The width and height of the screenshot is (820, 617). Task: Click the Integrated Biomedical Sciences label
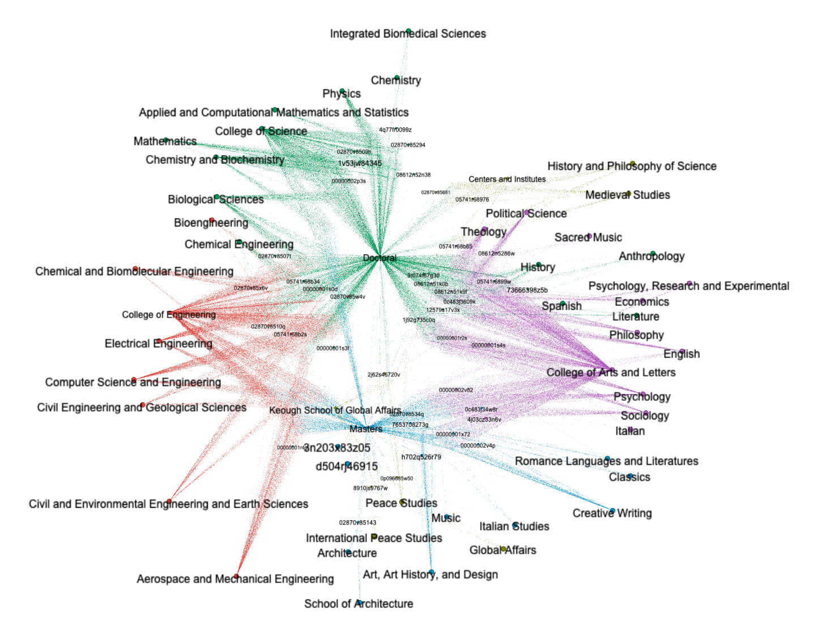click(408, 34)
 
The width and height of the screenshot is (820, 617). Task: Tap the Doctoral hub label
click(379, 258)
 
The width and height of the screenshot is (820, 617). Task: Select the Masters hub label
click(366, 429)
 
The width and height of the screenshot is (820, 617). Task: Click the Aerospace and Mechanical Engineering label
click(235, 579)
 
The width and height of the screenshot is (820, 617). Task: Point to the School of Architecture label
click(358, 603)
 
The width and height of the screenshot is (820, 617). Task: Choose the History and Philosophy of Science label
click(631, 166)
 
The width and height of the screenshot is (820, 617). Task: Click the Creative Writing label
click(612, 513)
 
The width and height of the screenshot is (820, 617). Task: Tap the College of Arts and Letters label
click(610, 372)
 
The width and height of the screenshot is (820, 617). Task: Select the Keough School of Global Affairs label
click(335, 410)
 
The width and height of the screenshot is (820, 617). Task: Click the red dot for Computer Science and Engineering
click(134, 380)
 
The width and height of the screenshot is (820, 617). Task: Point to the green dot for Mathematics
click(166, 140)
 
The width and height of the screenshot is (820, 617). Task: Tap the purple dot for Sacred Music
click(590, 236)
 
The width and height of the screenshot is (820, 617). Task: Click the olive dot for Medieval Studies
click(628, 194)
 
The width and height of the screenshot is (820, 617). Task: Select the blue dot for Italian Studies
click(515, 525)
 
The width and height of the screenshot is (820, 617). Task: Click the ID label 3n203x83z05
click(337, 448)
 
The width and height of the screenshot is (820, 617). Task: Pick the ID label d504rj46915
click(347, 466)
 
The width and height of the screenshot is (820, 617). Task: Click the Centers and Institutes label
click(507, 179)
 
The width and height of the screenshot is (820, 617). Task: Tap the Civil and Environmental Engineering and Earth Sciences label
click(168, 504)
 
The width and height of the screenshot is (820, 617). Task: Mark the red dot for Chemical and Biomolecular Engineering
click(135, 269)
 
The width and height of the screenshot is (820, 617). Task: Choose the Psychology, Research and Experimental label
click(689, 286)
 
